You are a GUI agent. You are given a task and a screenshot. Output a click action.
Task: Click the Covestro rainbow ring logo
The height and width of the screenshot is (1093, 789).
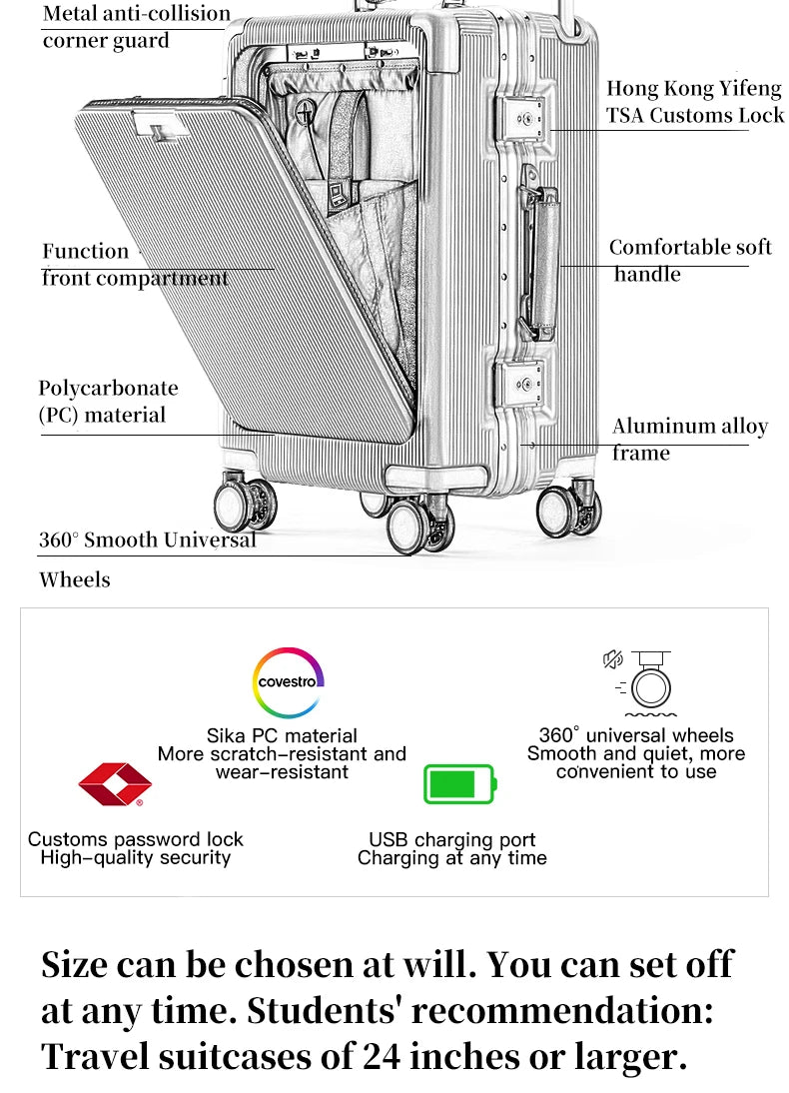click(288, 681)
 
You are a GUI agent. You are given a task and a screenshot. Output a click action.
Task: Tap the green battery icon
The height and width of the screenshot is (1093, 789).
click(458, 784)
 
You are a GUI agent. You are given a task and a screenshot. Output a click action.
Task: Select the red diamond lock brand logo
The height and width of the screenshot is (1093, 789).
click(115, 785)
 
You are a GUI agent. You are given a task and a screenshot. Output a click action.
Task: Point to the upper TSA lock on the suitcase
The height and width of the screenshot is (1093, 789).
click(522, 118)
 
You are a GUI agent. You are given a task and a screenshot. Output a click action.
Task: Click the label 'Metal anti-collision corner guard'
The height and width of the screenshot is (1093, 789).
click(136, 27)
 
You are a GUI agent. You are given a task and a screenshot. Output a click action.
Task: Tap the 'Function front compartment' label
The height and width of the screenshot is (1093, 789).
click(134, 265)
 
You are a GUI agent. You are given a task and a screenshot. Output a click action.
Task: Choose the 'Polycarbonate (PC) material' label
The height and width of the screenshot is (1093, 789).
click(108, 402)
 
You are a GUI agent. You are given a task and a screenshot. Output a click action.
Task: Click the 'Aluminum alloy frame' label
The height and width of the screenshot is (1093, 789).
click(689, 440)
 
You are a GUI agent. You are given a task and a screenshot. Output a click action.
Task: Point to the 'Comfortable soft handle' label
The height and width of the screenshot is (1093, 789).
click(690, 260)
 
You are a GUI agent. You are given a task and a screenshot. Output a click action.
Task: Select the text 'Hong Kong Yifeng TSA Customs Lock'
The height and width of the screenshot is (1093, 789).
click(695, 102)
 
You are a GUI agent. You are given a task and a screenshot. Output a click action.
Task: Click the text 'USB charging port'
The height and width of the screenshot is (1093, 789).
click(451, 839)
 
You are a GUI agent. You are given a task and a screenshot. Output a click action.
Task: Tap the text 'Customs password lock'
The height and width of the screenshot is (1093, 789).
click(135, 839)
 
